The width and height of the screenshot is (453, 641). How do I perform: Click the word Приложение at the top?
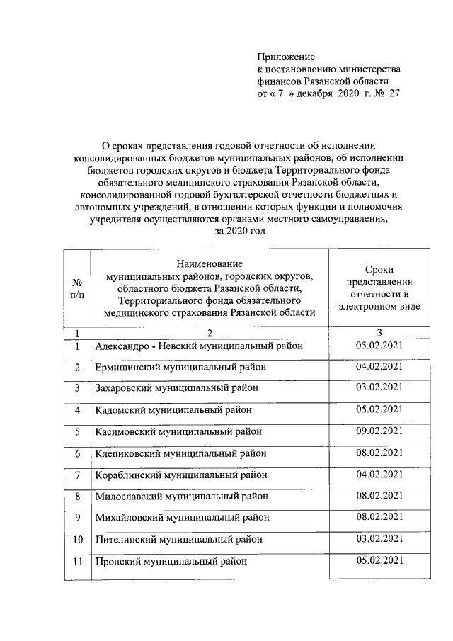285,56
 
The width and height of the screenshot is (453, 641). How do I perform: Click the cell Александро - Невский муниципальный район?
199,346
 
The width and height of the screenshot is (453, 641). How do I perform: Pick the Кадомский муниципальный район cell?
173,409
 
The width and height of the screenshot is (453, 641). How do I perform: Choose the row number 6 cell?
78,453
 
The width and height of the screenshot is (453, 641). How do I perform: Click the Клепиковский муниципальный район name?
181,453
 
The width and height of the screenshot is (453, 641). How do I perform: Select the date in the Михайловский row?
379,516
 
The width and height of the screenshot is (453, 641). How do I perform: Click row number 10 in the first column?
78,540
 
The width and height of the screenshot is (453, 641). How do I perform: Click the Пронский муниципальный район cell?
171,561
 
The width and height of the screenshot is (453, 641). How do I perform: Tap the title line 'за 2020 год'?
240,232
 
